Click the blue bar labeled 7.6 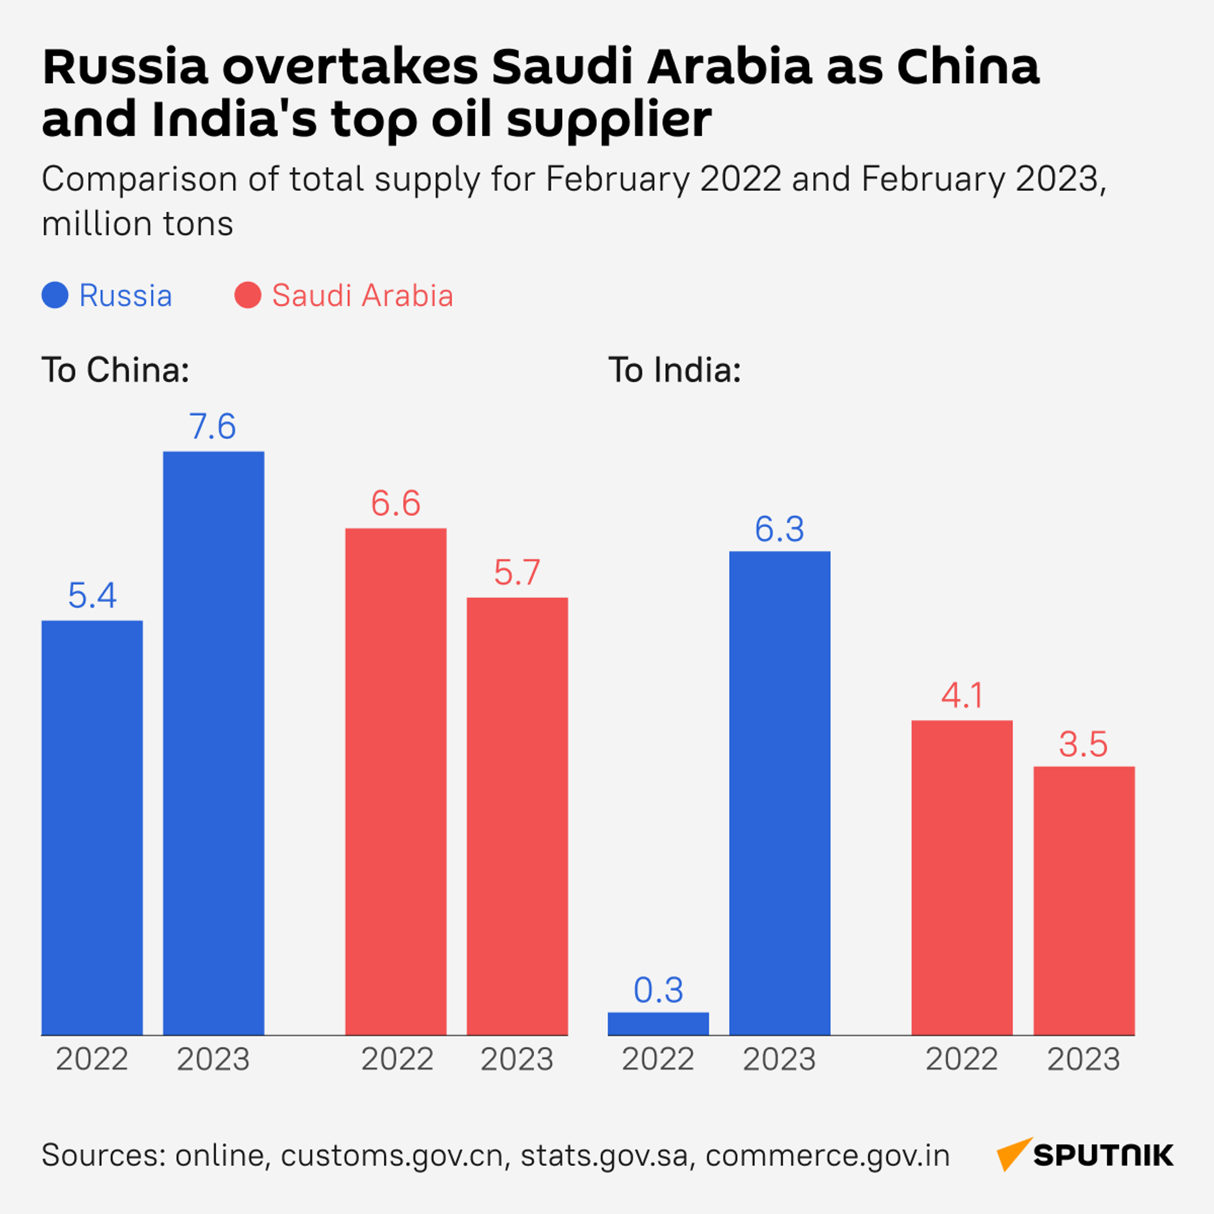pyautogui.click(x=214, y=743)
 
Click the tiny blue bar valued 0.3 pyautogui.click(x=658, y=1024)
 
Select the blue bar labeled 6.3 pyautogui.click(x=780, y=793)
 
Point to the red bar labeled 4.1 pyautogui.click(x=962, y=877)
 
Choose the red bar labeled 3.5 pyautogui.click(x=1084, y=900)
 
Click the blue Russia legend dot pyautogui.click(x=55, y=295)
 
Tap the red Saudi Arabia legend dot pyautogui.click(x=248, y=295)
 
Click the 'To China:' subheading pyautogui.click(x=116, y=370)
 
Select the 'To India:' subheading pyautogui.click(x=675, y=370)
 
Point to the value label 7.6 pyautogui.click(x=213, y=427)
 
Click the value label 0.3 pyautogui.click(x=658, y=990)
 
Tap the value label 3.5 pyautogui.click(x=1083, y=744)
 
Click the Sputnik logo pyautogui.click(x=1085, y=1155)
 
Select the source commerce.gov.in pyautogui.click(x=828, y=1156)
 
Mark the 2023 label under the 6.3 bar pyautogui.click(x=779, y=1060)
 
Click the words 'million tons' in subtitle pyautogui.click(x=138, y=224)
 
